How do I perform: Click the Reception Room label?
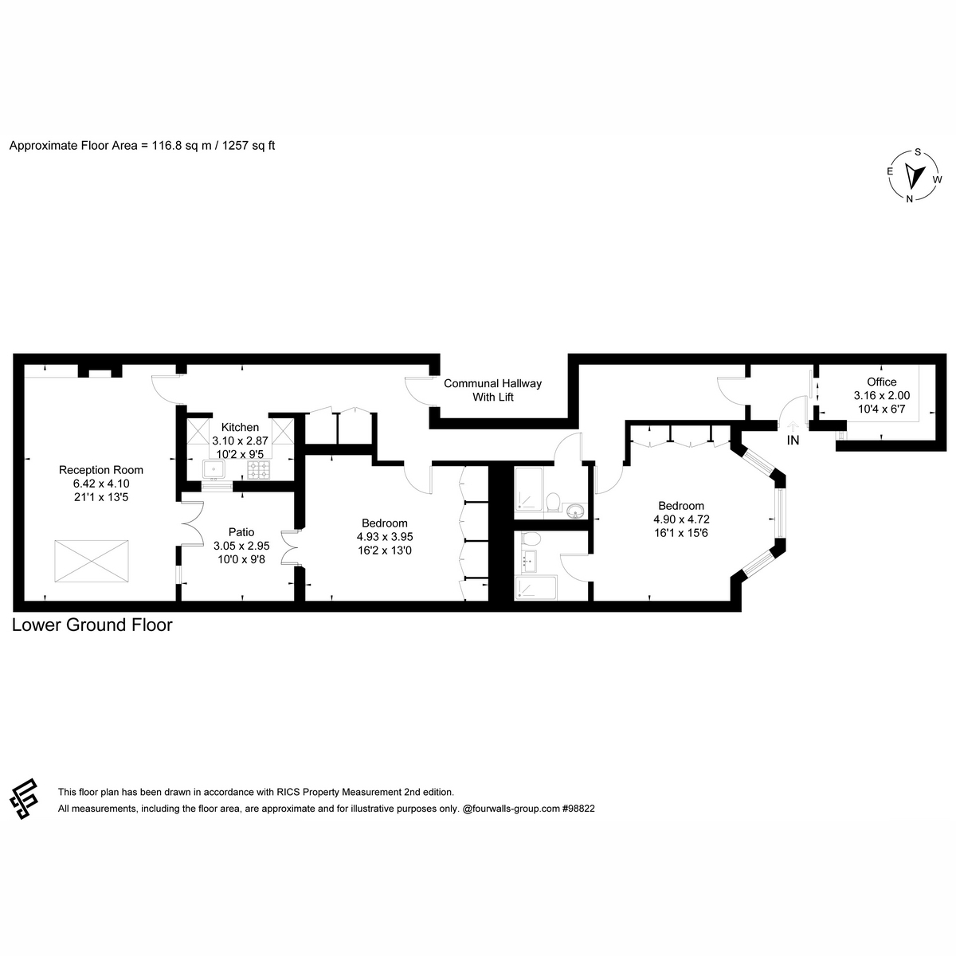coord(100,470)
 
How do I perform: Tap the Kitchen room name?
coord(240,427)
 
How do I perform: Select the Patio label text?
coord(241,532)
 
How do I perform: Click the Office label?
coord(882,382)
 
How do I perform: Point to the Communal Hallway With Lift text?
coord(492,390)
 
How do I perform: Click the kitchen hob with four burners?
coord(258,470)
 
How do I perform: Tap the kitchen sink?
coord(214,468)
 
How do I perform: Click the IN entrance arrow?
coord(793,425)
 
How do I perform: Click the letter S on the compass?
coord(918,152)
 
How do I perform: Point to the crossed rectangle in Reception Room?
coord(92,561)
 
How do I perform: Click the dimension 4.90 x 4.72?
coord(681,519)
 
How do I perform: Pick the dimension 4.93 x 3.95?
coord(385,537)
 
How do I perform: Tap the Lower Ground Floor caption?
coord(92,625)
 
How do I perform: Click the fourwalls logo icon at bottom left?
coord(24,799)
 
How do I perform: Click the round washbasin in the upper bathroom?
coord(574,511)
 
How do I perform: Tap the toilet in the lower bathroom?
coord(531,539)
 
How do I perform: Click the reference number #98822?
coord(578,808)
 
